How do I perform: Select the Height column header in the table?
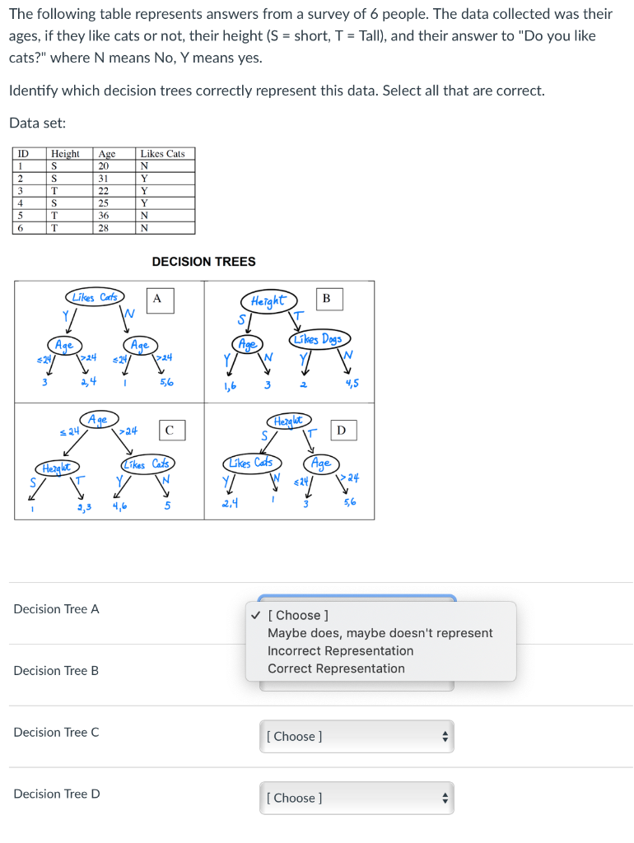coord(66,153)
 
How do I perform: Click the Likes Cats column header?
coord(162,153)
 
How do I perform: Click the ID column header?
coord(24,153)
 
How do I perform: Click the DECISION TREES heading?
coord(203,262)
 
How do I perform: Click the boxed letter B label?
coord(326,299)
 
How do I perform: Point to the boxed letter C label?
coord(169,430)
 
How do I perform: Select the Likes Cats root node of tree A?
coord(94,296)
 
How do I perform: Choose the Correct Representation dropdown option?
coord(336,668)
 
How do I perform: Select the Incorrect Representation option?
coord(340,650)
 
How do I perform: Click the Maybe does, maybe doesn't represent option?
coord(380,633)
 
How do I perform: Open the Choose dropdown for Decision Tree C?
coord(357,736)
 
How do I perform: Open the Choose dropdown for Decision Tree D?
coord(357,798)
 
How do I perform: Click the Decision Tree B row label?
coord(56,671)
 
